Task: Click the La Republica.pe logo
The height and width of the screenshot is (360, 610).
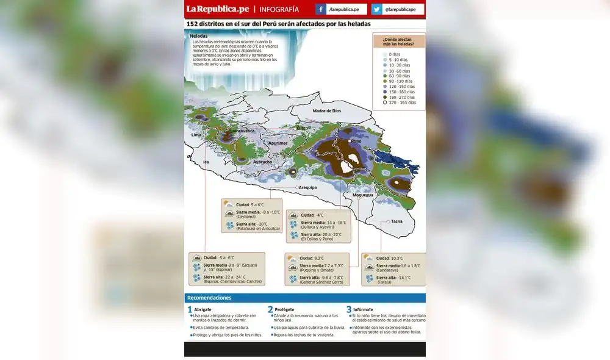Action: pos(218,9)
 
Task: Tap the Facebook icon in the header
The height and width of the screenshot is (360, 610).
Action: pos(321,10)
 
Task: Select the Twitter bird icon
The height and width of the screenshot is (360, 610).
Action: pos(376,10)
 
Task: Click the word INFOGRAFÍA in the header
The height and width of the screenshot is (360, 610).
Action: pos(279,10)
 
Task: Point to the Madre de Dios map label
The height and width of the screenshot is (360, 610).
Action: pos(326,111)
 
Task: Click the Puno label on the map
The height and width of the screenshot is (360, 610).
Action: pos(356,142)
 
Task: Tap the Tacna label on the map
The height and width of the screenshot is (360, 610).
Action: pos(396,221)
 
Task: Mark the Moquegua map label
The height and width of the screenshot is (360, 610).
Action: pos(362,195)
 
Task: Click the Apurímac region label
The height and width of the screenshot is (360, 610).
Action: pos(278,143)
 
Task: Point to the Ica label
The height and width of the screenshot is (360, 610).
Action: pos(206,162)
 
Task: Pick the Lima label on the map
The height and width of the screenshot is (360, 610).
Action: pos(196,135)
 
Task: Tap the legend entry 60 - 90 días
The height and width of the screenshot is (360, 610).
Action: pos(399,76)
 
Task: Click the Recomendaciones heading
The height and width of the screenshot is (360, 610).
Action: pos(209,298)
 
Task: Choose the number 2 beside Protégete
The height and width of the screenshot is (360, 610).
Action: pos(270,310)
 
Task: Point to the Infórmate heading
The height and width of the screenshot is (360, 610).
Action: pos(363,309)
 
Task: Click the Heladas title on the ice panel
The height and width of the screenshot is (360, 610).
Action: pos(199,36)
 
